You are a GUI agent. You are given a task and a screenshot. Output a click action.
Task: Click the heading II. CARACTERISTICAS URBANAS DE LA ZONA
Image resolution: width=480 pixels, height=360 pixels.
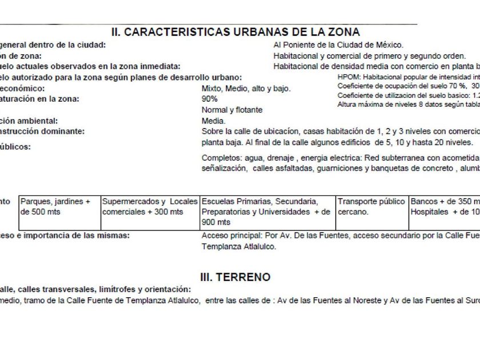(235, 32)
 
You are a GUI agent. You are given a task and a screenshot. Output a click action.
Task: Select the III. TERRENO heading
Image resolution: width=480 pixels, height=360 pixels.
(235, 277)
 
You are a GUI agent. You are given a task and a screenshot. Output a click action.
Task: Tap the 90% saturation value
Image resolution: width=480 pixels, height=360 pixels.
(209, 99)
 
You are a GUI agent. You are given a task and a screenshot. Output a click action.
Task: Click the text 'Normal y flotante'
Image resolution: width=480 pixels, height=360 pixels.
(232, 110)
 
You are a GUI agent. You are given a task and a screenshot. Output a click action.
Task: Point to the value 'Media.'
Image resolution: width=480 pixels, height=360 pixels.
(214, 121)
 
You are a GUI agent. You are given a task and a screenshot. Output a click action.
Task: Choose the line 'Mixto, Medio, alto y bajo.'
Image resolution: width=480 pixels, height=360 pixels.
(246, 89)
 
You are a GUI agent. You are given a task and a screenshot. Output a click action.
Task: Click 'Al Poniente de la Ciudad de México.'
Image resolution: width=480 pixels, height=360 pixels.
(338, 45)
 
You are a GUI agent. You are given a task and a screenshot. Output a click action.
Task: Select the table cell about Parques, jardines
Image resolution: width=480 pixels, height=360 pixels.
(59, 207)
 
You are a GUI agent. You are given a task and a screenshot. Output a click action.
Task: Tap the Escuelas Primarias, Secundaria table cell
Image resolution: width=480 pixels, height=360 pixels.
(267, 212)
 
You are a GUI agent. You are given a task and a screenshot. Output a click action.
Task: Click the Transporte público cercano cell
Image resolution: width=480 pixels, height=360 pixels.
(371, 207)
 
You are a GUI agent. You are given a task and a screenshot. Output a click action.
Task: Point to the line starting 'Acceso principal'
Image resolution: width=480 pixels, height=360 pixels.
(341, 235)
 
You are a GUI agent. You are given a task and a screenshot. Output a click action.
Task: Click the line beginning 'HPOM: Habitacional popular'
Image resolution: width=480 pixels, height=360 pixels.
(408, 77)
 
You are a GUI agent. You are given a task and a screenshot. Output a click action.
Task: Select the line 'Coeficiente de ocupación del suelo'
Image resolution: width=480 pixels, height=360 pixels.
(408, 86)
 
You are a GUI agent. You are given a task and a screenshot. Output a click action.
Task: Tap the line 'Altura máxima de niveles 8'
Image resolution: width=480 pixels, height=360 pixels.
(408, 104)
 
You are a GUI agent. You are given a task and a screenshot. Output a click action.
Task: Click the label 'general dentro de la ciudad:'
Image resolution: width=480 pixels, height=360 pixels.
(53, 45)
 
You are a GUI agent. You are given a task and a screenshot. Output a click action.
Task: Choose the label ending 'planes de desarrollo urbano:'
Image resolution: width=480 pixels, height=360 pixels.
(121, 77)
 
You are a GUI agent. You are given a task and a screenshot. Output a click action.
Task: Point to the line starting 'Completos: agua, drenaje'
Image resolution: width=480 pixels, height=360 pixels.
(340, 158)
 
